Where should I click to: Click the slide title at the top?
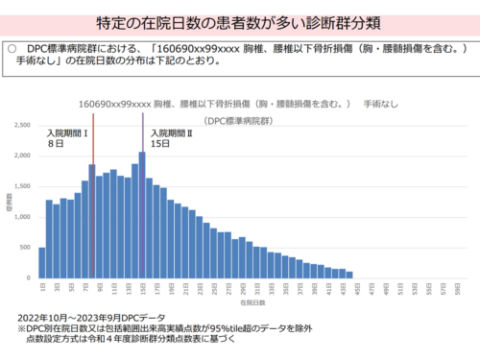239,20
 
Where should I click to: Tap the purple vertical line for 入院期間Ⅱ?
142,192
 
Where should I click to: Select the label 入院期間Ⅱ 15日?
172,139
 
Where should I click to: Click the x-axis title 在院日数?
253,302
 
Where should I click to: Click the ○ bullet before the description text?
12,46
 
